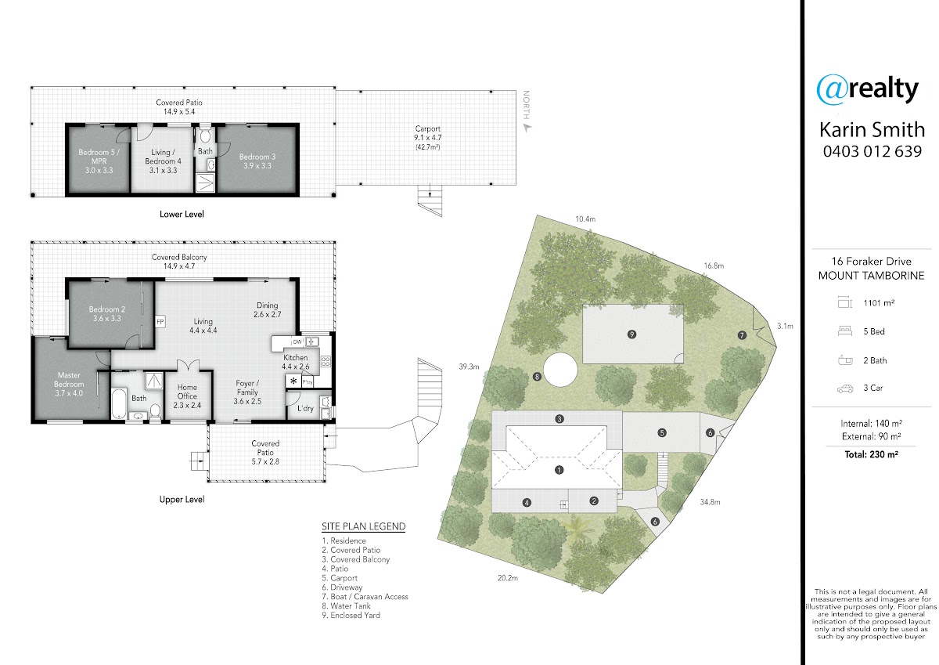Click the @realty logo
coord(867,89)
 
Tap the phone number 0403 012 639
coord(872,151)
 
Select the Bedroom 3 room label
coord(257,161)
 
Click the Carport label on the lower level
coord(427,128)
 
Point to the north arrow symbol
coord(527,128)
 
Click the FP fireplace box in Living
coord(160,322)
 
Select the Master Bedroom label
coord(69,384)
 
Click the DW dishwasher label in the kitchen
coord(297,342)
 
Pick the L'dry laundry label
coord(305,408)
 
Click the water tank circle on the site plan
coord(560,370)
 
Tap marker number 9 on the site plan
coord(631,334)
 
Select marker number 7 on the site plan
coord(742,335)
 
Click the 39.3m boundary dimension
coord(469,367)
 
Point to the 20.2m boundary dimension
coord(508,578)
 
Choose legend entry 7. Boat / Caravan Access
coord(365,597)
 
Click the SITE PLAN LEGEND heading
coord(363,526)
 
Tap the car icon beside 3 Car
coord(844,389)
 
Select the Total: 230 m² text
coord(871,454)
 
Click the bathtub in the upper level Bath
coord(119,403)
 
